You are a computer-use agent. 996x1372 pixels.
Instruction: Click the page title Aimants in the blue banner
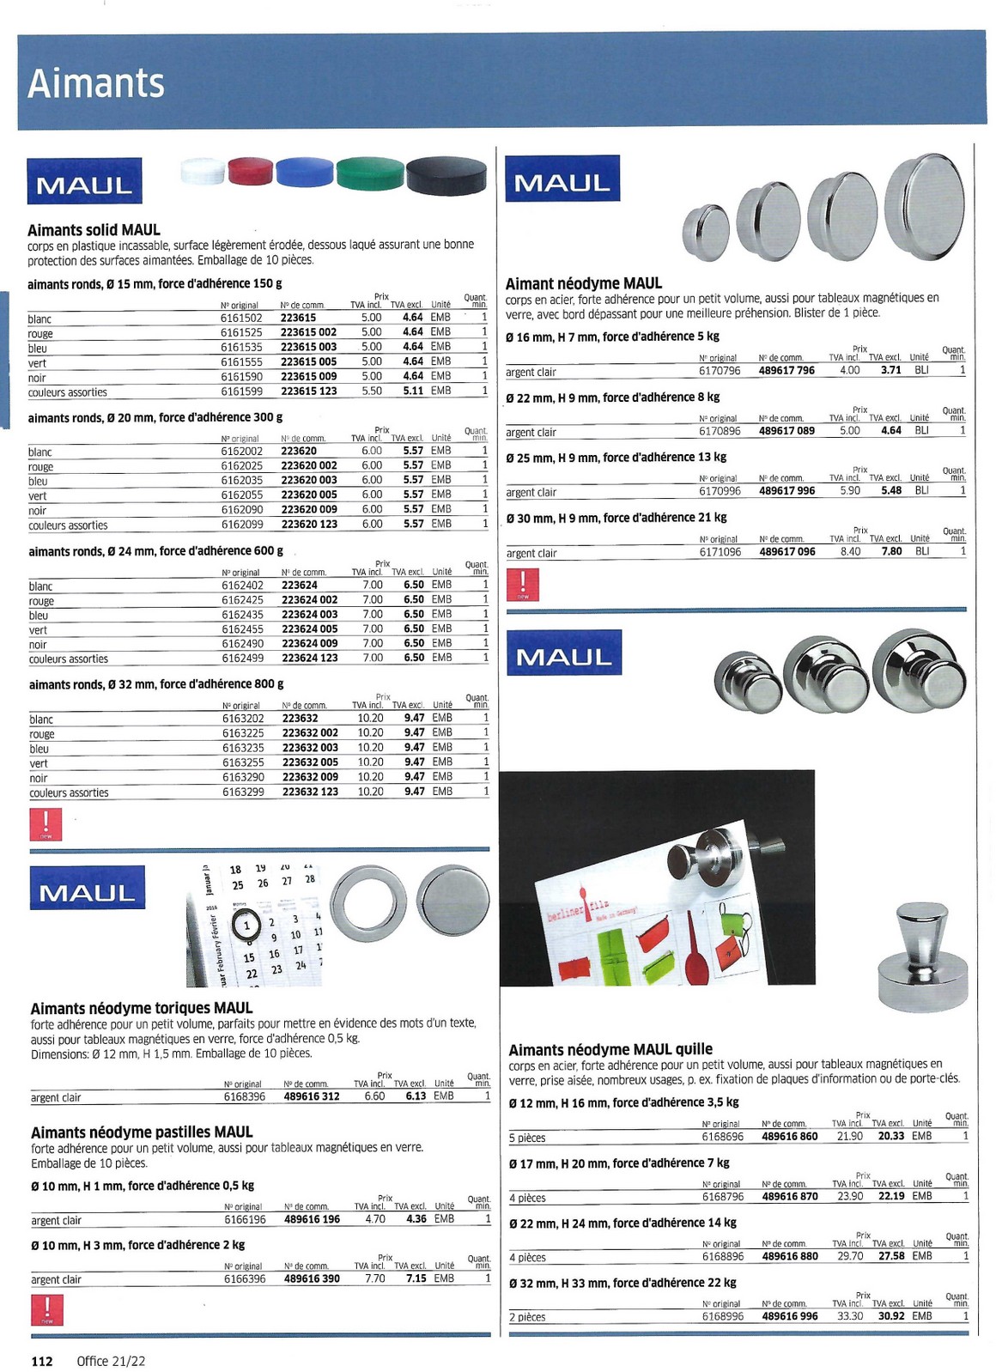[x=95, y=83]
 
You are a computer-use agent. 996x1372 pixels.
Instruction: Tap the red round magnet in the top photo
[x=250, y=171]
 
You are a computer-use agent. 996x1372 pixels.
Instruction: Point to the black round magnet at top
[x=446, y=176]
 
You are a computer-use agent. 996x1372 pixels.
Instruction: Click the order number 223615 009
[x=309, y=376]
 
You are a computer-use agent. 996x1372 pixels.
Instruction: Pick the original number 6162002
[x=242, y=451]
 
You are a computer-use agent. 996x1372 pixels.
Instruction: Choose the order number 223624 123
[x=310, y=658]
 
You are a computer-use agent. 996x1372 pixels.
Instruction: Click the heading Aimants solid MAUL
[x=94, y=230]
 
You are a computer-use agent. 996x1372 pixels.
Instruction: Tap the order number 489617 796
[x=786, y=371]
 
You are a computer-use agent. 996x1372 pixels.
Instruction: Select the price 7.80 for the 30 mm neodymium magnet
[x=891, y=551]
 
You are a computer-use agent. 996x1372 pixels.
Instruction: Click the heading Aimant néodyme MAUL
[x=583, y=283]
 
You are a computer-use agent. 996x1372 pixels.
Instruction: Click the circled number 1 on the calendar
[x=247, y=926]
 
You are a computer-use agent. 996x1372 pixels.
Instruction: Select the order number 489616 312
[x=312, y=1096]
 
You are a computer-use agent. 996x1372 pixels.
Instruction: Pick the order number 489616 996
[x=790, y=1316]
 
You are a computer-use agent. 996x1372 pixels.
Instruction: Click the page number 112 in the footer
[x=42, y=1361]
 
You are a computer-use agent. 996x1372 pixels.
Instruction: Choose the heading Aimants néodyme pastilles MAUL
[x=142, y=1132]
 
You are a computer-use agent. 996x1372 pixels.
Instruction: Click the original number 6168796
[x=723, y=1197]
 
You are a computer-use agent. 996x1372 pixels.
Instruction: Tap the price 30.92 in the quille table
[x=891, y=1316]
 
